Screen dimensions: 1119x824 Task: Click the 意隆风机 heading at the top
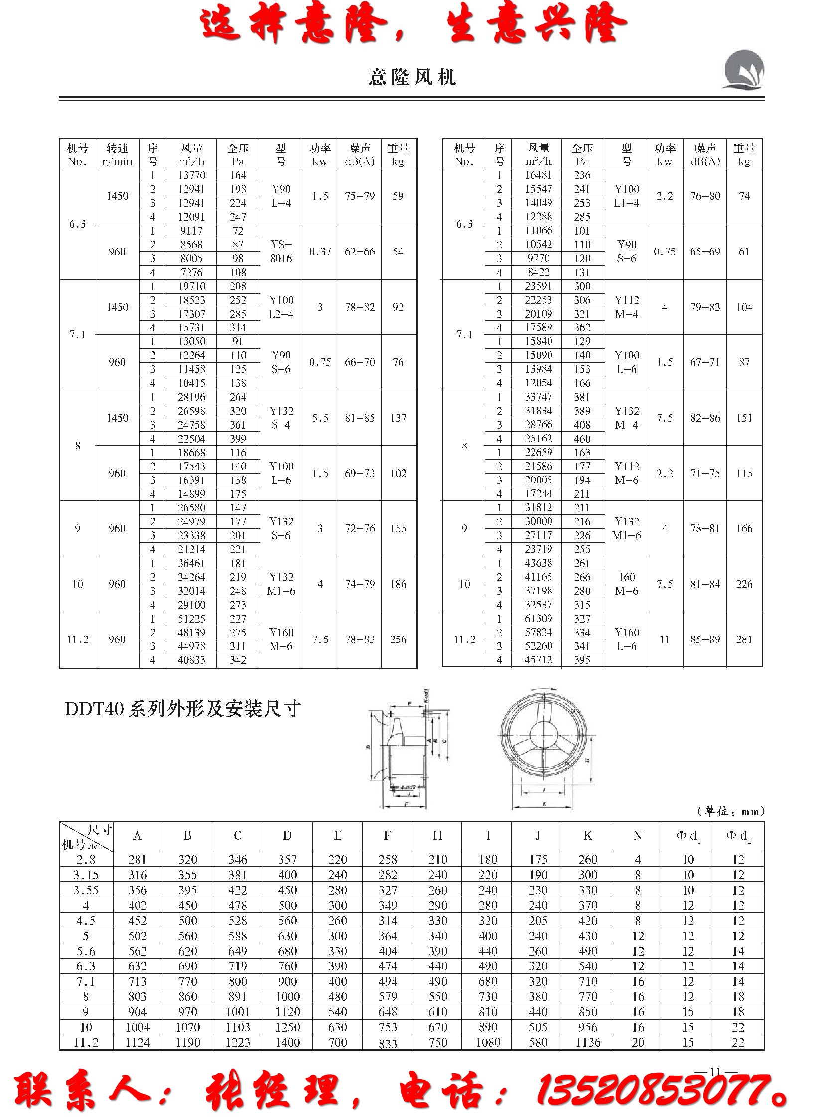click(x=412, y=77)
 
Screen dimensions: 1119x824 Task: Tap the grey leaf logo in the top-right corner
click(x=744, y=70)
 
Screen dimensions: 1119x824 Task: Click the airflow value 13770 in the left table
click(x=191, y=175)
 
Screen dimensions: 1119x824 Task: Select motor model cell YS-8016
click(x=281, y=252)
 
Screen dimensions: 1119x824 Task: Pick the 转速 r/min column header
click(x=117, y=154)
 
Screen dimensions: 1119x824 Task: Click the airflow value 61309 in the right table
click(x=538, y=619)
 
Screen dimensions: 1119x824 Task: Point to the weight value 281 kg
click(x=744, y=639)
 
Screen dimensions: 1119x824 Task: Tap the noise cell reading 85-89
click(x=705, y=639)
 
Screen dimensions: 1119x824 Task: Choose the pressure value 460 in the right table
click(x=582, y=439)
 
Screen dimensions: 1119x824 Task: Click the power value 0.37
click(x=320, y=252)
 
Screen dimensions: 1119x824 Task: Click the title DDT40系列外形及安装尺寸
click(x=182, y=709)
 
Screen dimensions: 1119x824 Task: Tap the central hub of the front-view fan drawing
click(x=544, y=736)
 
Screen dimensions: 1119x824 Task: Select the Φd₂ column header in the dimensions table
click(x=738, y=836)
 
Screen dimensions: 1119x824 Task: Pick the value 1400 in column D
click(x=287, y=1043)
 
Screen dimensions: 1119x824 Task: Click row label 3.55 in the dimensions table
click(x=86, y=890)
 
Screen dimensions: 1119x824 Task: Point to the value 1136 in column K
click(x=587, y=1043)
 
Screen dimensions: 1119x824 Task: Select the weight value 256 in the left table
click(x=398, y=639)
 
